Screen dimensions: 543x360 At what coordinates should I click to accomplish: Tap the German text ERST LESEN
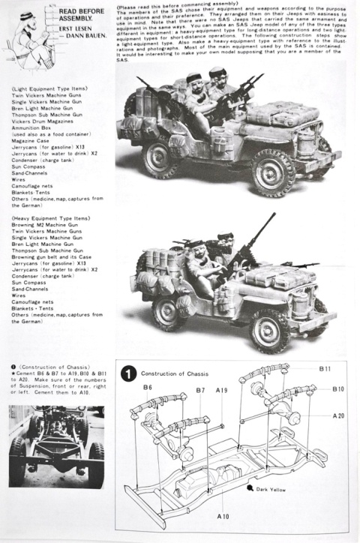[79, 30]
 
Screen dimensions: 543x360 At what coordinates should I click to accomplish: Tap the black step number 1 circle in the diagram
[129, 373]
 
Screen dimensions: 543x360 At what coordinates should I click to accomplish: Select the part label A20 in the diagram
[339, 415]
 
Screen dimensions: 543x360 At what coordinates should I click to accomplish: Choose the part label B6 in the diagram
[147, 388]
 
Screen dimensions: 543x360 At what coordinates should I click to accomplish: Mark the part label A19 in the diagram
[223, 391]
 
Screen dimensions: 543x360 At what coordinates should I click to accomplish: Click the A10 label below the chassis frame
[223, 517]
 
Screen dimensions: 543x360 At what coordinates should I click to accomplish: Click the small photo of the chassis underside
[56, 447]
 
